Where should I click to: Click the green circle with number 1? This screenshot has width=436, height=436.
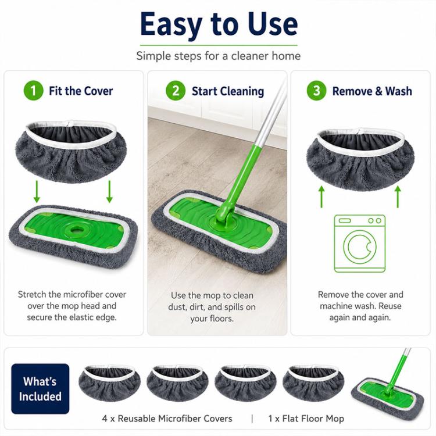(x=33, y=91)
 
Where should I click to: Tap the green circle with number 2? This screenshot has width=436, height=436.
(x=176, y=91)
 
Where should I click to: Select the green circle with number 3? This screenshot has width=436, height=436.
(x=316, y=91)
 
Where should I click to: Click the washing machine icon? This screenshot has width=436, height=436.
(x=359, y=244)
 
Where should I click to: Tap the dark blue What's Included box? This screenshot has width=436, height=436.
(x=40, y=389)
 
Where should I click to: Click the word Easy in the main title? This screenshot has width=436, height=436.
(x=171, y=25)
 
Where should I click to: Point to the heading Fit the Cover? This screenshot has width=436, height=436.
(x=81, y=91)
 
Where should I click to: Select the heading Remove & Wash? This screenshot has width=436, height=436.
(x=372, y=91)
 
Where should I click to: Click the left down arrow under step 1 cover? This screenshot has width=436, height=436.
(x=37, y=192)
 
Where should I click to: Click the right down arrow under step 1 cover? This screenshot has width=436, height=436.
(x=109, y=192)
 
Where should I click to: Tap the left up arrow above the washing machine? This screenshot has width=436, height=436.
(x=321, y=197)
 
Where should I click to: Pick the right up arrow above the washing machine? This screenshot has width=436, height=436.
(x=398, y=197)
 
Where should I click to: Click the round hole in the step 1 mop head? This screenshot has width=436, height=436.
(x=75, y=230)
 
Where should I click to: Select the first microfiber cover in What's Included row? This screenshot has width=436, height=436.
(x=109, y=383)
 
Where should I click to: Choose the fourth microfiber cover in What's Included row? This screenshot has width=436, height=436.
(x=313, y=383)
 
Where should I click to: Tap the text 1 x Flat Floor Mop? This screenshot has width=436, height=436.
(x=306, y=419)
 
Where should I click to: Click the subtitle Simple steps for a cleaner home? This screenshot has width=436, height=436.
(x=218, y=56)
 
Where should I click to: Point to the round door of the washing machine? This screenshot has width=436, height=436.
(x=360, y=246)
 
